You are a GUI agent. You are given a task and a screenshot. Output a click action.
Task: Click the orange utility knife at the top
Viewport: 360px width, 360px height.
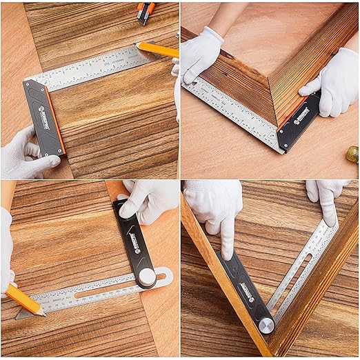146,12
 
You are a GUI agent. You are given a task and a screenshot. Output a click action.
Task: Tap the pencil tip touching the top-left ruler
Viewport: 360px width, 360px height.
139,46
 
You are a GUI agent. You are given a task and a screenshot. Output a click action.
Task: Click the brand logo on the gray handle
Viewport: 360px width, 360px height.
43,108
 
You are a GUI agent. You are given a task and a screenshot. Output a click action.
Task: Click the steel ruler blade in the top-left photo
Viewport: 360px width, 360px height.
90,69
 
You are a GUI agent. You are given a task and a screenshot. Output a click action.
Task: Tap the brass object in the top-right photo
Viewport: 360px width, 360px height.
352,154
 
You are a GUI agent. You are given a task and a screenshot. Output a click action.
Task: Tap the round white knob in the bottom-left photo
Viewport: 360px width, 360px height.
147,277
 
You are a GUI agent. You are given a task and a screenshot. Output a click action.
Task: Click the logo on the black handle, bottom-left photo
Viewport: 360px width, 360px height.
135,243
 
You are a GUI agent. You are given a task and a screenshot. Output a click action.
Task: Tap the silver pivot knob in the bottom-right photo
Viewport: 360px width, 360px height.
266,325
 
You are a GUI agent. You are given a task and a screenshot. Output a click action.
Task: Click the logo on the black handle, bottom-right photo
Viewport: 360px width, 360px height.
246,292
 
